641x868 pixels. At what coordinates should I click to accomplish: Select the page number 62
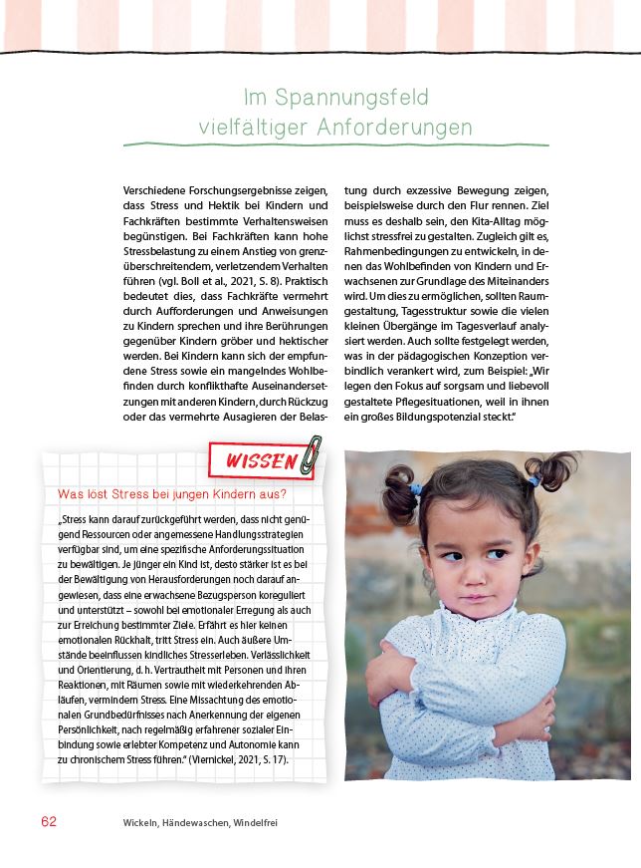[49, 822]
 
